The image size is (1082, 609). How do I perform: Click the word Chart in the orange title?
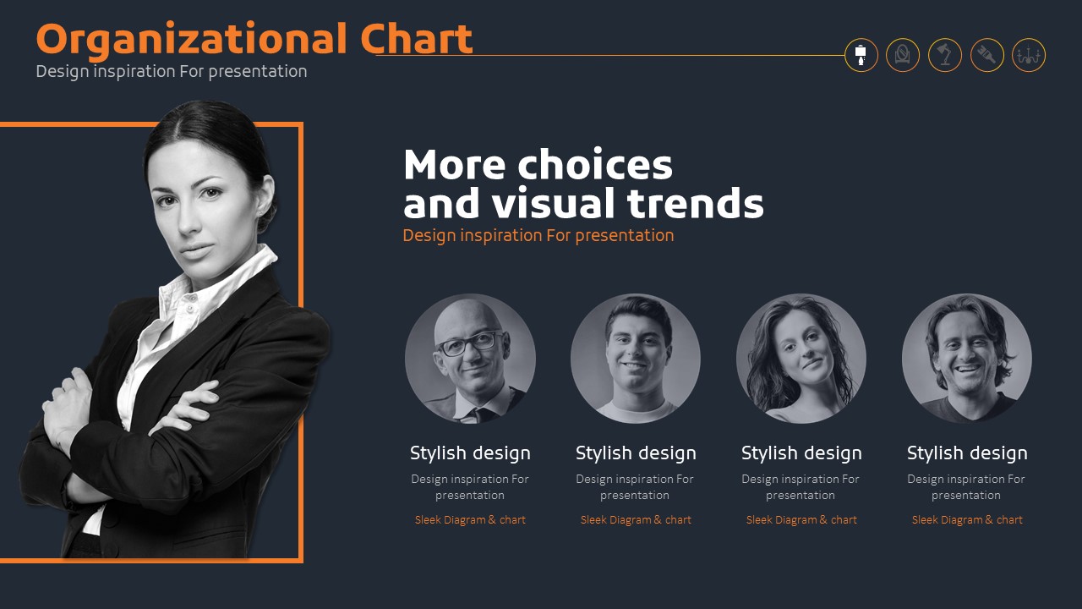417,38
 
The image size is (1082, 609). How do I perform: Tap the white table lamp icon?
861,55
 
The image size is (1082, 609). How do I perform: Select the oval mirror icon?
902,55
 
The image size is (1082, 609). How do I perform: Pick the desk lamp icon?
945,55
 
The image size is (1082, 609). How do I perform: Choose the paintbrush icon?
986,55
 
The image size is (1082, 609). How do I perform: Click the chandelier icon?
1029,55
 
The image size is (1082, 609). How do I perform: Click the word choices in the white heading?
595,164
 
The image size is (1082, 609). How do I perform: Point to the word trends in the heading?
696,202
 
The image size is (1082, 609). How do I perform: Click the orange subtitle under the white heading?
538,236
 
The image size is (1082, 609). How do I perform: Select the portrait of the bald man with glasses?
470,359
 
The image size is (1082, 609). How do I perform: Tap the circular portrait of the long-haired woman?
801,359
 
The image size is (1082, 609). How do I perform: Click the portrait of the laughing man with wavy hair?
967,359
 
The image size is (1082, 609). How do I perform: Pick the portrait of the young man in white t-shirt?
636,359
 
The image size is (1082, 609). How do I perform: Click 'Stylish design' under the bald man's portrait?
470,453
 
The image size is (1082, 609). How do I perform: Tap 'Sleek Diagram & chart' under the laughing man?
967,520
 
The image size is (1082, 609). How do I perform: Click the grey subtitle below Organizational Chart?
172,72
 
